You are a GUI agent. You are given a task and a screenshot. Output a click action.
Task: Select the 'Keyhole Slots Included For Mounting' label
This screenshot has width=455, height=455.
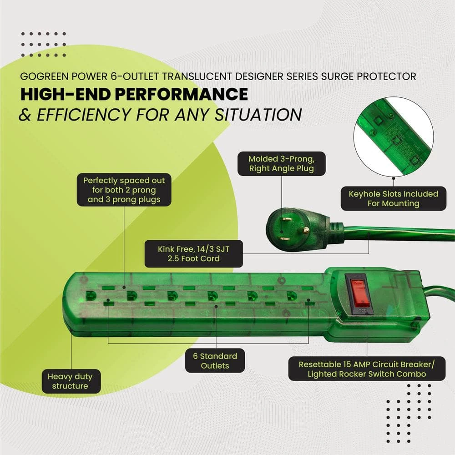[x=393, y=198]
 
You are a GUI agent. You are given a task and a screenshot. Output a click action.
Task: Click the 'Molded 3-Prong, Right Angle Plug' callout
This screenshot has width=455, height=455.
[x=281, y=164]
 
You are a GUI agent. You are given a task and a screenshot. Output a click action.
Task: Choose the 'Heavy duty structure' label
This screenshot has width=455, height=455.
[x=70, y=381]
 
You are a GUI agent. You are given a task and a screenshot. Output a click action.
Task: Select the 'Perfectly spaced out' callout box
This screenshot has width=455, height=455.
[x=124, y=189]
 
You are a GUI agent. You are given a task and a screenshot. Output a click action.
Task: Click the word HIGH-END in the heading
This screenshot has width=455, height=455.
[x=64, y=94]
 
